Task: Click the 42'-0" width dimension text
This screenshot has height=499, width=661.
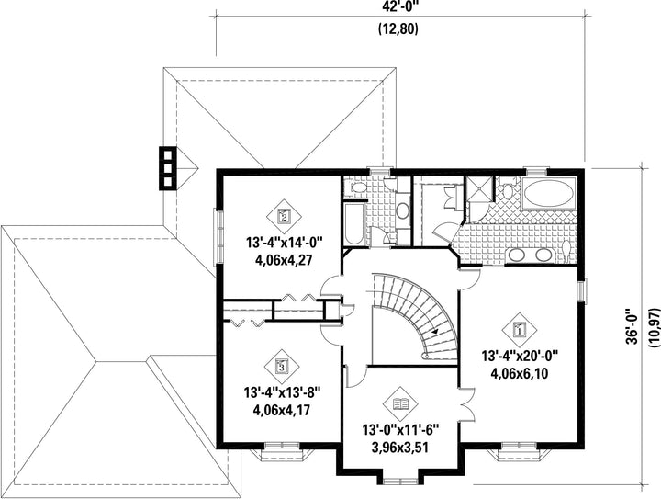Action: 398,6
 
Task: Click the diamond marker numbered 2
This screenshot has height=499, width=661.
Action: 284,217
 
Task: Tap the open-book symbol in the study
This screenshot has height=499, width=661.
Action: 400,404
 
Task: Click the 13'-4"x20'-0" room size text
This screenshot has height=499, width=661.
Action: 520,357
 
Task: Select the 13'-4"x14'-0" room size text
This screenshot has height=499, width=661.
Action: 284,244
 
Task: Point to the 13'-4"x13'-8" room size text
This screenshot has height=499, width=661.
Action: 282,393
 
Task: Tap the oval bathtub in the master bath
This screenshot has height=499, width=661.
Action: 548,195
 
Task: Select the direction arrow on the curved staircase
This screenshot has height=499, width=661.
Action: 434,331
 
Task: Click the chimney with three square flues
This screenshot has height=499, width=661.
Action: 167,168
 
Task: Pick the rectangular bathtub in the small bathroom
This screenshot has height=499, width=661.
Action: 353,224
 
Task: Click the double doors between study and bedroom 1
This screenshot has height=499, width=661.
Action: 466,405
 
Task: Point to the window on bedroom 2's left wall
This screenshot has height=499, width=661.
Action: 218,237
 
